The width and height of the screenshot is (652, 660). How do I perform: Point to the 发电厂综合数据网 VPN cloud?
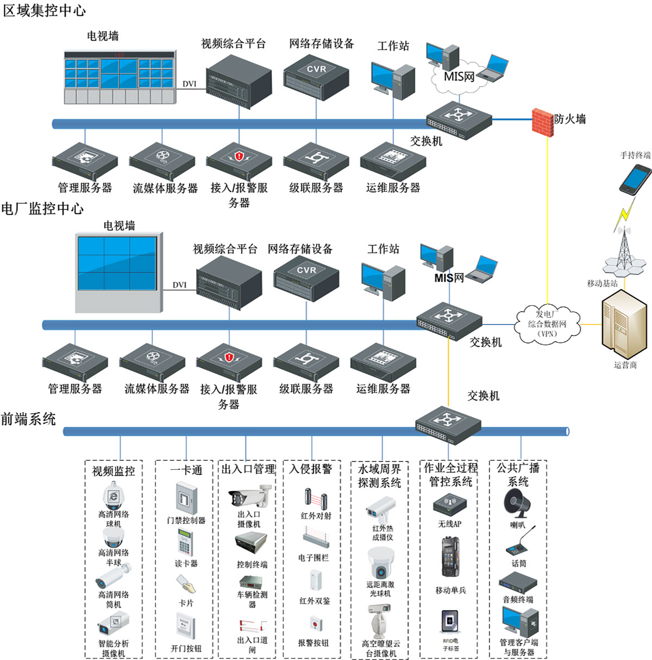pyautogui.click(x=547, y=324)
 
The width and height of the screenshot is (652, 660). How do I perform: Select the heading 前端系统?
pyautogui.click(x=28, y=419)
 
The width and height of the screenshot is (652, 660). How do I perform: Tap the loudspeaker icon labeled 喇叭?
pyautogui.click(x=516, y=503)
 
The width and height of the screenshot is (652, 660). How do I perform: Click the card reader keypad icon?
pyautogui.click(x=185, y=542)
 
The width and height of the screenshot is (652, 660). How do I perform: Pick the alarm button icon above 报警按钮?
pyautogui.click(x=315, y=623)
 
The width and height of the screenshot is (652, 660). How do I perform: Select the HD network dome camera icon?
pyautogui.click(x=114, y=495)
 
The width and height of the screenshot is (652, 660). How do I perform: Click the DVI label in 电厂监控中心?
pyautogui.click(x=179, y=285)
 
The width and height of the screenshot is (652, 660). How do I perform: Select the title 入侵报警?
pyautogui.click(x=311, y=469)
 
